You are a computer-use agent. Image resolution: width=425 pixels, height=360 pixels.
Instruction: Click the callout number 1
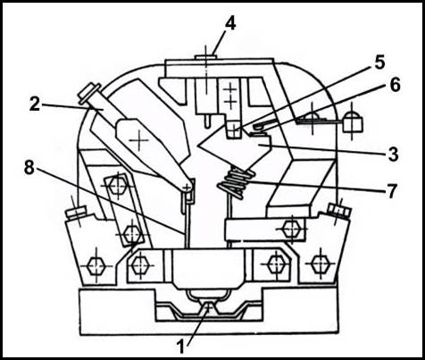click(181, 347)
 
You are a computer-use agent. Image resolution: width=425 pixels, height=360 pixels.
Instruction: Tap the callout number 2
click(34, 105)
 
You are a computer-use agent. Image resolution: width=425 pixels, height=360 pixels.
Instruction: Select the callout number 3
click(393, 155)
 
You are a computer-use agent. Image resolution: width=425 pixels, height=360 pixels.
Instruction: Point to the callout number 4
click(230, 24)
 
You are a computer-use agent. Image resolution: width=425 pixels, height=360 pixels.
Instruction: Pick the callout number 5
click(379, 62)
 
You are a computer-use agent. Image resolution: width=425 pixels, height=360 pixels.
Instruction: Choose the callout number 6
click(396, 85)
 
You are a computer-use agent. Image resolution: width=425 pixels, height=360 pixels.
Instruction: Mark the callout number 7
click(392, 191)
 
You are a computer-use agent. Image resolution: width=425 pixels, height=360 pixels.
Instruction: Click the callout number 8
click(29, 168)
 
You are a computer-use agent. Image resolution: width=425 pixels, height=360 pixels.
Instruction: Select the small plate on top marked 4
click(205, 56)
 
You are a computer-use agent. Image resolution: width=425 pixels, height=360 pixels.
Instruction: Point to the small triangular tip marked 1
click(210, 306)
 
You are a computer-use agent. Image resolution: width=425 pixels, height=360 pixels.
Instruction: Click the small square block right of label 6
click(353, 124)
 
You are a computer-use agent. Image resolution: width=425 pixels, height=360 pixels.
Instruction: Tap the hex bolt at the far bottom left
click(96, 265)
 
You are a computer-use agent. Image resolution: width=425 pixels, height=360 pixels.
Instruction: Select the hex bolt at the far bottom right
click(321, 264)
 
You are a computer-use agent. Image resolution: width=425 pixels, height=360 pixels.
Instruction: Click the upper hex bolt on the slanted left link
click(119, 186)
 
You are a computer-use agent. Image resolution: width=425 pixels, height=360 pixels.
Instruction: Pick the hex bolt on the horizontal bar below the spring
click(291, 230)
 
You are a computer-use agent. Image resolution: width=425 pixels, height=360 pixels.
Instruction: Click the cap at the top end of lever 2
click(88, 94)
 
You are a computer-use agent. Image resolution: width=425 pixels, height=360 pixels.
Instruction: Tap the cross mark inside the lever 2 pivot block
click(137, 140)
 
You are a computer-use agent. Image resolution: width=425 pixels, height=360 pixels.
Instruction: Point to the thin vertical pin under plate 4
click(207, 121)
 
